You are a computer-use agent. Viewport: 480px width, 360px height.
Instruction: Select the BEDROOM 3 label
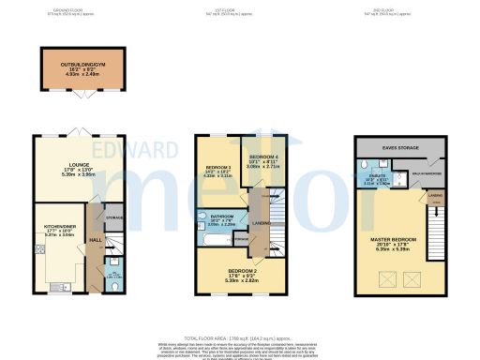[x=217, y=170]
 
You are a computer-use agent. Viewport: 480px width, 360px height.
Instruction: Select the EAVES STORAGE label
[x=400, y=147]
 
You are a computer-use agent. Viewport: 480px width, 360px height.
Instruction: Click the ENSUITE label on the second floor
[x=376, y=179]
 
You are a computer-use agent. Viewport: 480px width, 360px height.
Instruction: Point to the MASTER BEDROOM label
[x=395, y=245]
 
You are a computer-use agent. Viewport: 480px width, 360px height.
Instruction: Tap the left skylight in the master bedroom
[x=385, y=278]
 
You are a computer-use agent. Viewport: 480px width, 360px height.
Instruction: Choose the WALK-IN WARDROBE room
[x=428, y=172]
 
